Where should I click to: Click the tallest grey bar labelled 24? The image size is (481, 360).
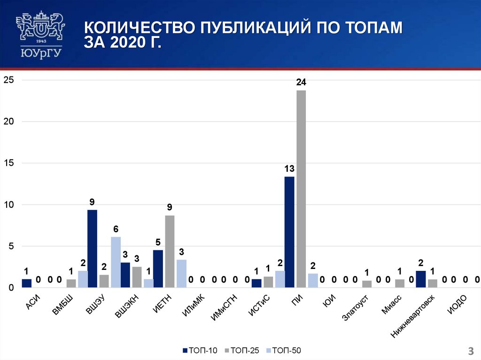(301, 188)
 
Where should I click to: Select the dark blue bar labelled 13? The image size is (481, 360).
(289, 231)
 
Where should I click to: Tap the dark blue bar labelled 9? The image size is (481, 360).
(92, 248)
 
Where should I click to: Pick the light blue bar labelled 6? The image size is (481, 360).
(116, 262)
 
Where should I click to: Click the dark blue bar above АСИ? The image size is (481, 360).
(26, 283)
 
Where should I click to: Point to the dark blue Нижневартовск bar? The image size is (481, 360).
(420, 279)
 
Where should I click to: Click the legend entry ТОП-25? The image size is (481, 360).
(242, 350)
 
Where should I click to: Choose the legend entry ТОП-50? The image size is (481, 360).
(284, 350)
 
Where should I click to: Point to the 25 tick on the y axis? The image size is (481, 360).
(9, 80)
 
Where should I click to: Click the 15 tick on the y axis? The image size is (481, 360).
(9, 163)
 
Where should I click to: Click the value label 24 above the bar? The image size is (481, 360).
(301, 83)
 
